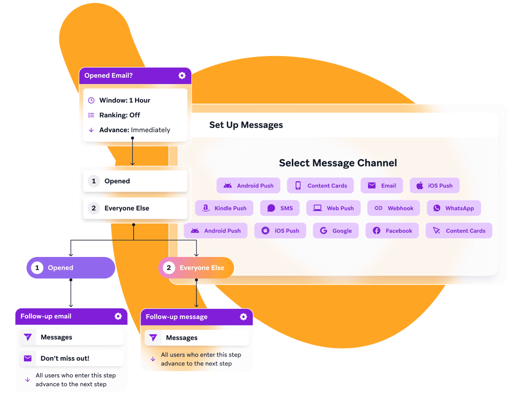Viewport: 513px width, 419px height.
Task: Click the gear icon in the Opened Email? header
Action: [182, 76]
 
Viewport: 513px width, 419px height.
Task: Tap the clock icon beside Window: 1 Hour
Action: [91, 100]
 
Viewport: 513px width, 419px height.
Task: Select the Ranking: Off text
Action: [120, 115]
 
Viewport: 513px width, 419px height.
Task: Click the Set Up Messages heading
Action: [246, 125]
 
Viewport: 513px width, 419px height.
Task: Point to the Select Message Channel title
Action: [338, 163]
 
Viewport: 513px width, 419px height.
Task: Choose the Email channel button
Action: [382, 186]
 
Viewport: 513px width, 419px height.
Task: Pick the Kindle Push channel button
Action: [224, 208]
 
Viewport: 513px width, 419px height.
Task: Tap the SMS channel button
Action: [280, 208]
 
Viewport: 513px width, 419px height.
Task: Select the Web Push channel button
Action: [333, 208]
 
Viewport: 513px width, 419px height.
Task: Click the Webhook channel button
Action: [394, 208]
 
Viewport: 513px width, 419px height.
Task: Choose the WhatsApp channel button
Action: [454, 208]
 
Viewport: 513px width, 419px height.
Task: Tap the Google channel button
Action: [336, 231]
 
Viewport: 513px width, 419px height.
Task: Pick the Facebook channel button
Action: [392, 231]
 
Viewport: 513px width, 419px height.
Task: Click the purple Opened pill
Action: [71, 268]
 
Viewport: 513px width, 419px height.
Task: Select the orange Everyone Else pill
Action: [196, 268]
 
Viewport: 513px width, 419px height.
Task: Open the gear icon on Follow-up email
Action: [118, 316]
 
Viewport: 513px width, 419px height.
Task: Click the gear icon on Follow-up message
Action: [243, 317]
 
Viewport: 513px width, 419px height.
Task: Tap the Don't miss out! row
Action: [71, 358]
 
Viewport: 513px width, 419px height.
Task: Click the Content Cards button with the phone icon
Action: [320, 186]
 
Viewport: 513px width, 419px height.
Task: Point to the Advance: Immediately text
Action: [135, 130]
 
